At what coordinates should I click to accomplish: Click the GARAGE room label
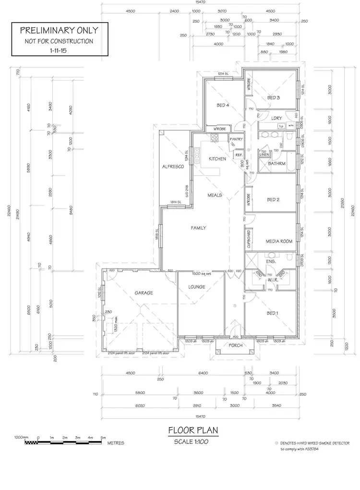(144, 292)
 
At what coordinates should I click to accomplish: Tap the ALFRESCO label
(174, 166)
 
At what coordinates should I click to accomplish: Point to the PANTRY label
(236, 139)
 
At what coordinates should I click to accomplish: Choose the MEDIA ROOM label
(279, 241)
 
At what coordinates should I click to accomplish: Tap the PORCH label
(235, 346)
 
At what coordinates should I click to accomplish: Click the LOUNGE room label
(197, 287)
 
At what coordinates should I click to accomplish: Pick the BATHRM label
(277, 164)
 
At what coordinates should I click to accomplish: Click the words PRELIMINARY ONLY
(59, 30)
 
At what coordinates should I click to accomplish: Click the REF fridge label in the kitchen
(238, 155)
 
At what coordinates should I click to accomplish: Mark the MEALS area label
(215, 196)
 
